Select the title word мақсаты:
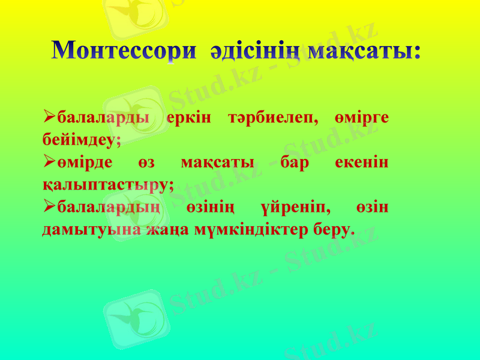364,50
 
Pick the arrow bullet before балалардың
50,207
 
